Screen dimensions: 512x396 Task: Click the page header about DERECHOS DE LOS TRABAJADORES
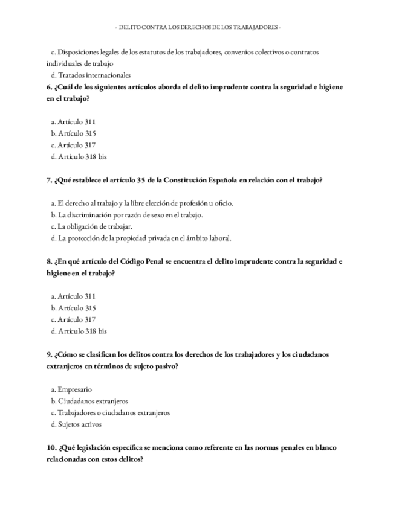197,28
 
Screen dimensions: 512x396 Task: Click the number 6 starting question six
48,87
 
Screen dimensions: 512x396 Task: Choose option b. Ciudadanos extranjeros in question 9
89,401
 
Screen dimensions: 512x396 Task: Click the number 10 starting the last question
50,448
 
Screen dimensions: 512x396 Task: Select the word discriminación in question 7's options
92,215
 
